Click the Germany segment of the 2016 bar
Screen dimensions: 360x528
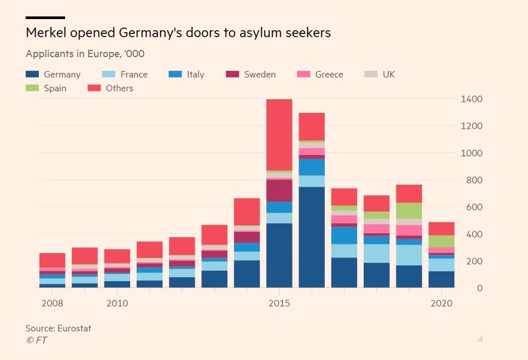tap(312, 237)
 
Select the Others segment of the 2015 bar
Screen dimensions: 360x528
tap(279, 135)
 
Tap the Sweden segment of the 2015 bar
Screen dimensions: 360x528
tap(279, 190)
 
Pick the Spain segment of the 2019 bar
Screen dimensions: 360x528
tap(409, 210)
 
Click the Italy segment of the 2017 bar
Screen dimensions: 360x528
tap(344, 235)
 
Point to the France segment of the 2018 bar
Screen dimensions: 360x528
tap(377, 253)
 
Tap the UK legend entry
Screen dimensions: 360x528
tap(388, 74)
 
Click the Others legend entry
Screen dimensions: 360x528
tap(119, 88)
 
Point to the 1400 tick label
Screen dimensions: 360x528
tap(472, 99)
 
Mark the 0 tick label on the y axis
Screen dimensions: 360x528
tap(480, 288)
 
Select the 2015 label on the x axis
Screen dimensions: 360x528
tap(279, 304)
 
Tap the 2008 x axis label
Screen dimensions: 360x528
tap(52, 304)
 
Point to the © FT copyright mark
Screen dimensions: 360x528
tap(36, 340)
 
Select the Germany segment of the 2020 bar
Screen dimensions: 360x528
tap(441, 279)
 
